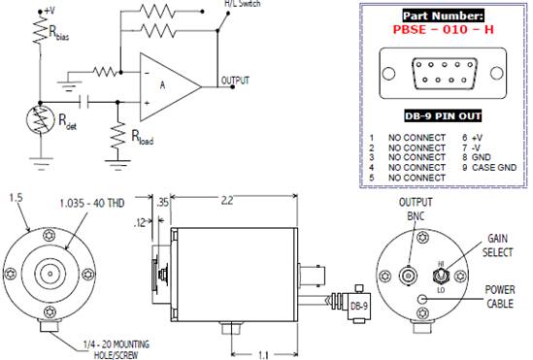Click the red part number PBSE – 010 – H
tap(444, 29)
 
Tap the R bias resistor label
tap(59, 33)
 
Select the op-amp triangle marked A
tap(171, 87)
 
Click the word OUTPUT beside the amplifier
tap(235, 81)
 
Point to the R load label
tap(143, 138)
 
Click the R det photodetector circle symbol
tap(41, 119)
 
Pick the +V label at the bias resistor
tap(50, 11)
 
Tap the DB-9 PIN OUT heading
tap(443, 116)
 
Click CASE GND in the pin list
tap(494, 168)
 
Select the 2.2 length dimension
tap(227, 200)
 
